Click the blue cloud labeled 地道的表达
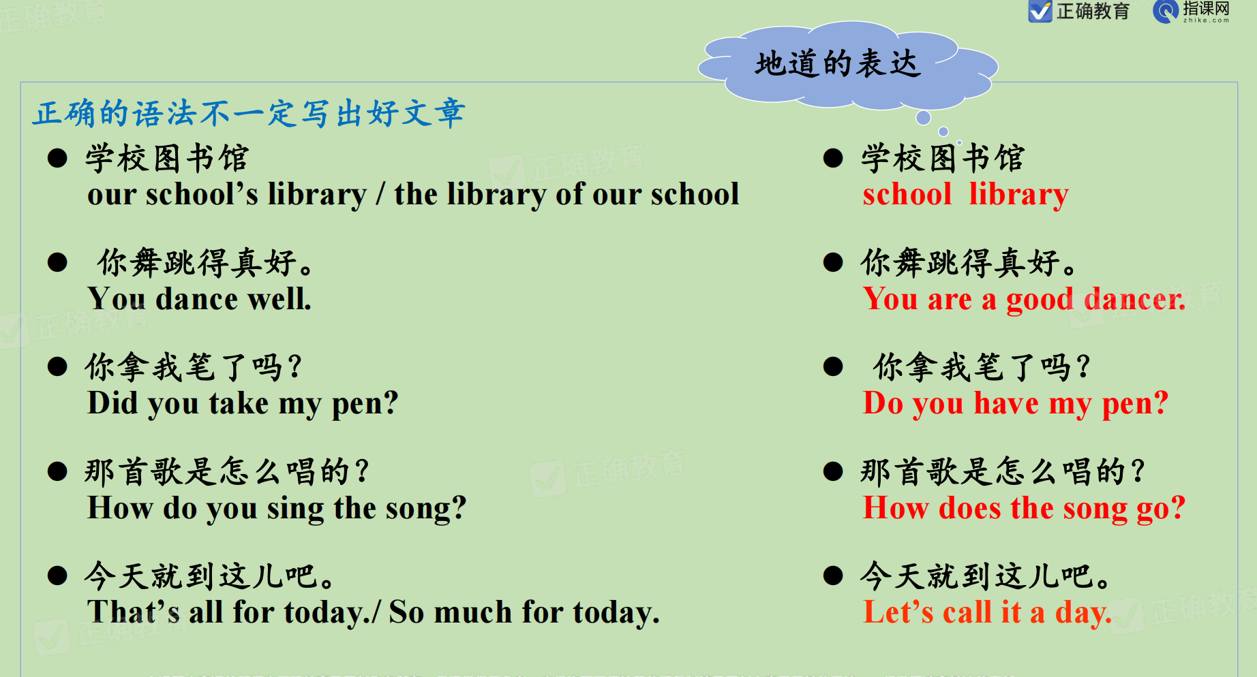tap(847, 65)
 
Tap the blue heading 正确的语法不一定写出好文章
tap(250, 113)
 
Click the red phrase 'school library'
tap(965, 195)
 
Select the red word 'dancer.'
tap(1135, 299)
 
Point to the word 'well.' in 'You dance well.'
tap(279, 299)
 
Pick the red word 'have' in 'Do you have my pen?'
tap(1006, 403)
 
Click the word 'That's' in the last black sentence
tap(134, 612)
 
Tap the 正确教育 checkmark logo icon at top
tap(1040, 12)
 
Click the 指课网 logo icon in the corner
tap(1166, 12)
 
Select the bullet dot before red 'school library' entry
tap(833, 158)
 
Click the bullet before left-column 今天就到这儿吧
tap(57, 576)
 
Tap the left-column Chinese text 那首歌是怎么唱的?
tap(227, 471)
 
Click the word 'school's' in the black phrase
tap(202, 195)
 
